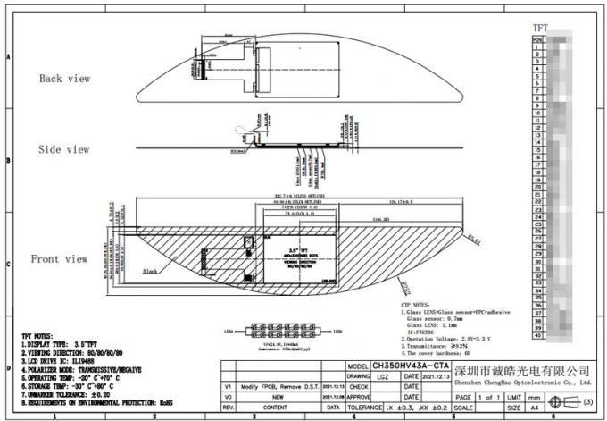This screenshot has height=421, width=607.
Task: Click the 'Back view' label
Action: pyautogui.click(x=64, y=79)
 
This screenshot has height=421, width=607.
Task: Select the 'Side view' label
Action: pyautogui.click(x=64, y=149)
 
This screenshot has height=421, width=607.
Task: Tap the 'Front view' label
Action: pyautogui.click(x=59, y=259)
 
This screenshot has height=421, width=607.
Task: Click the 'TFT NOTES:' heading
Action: pyautogui.click(x=42, y=335)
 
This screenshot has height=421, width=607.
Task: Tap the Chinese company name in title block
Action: pyautogui.click(x=523, y=369)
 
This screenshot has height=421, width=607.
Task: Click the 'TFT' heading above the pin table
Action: pyautogui.click(x=540, y=29)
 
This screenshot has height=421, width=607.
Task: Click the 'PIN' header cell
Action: pyautogui.click(x=537, y=40)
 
